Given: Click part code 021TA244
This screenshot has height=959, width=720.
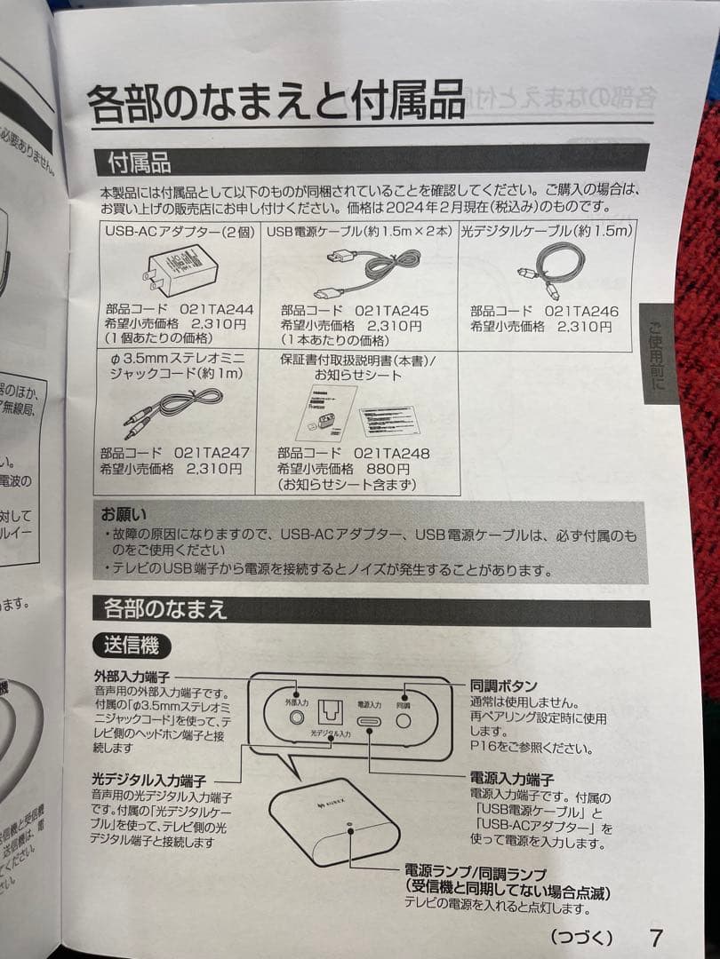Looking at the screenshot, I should pyautogui.click(x=216, y=310).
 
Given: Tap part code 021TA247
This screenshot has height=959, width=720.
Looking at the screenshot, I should pyautogui.click(x=212, y=453).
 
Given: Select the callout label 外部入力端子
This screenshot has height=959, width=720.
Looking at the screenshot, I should pyautogui.click(x=131, y=677).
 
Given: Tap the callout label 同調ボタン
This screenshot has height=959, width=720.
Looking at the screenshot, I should pyautogui.click(x=503, y=686).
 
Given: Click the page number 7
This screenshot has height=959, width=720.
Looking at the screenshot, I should pyautogui.click(x=656, y=937).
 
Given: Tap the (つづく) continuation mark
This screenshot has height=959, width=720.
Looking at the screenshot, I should pyautogui.click(x=581, y=937).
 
